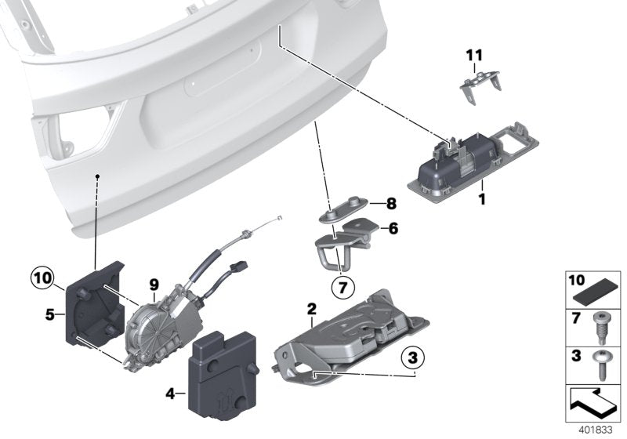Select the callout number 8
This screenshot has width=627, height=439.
coord(391,203)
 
